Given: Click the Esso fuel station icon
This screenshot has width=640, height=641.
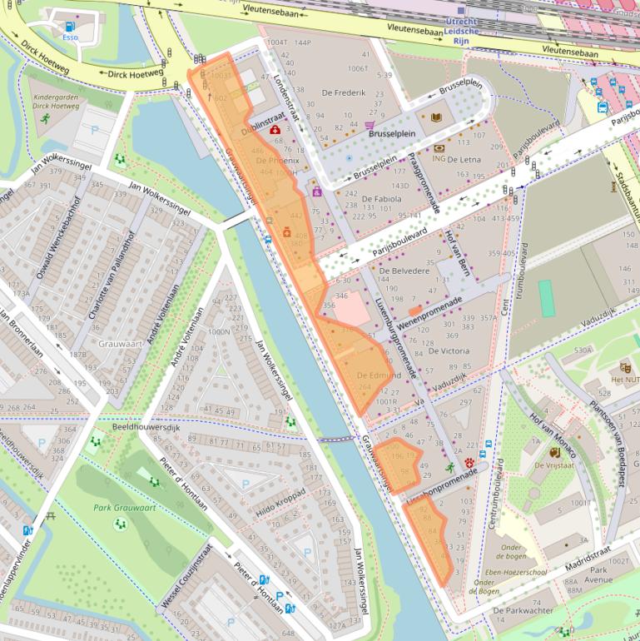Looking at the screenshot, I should pos(69,26).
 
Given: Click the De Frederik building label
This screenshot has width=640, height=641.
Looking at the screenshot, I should pos(344,92).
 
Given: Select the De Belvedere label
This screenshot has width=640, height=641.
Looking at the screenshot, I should pos(404,271).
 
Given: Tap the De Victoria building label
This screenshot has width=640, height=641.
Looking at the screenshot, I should pos(449,350).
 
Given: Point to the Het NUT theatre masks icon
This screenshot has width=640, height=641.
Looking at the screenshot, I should pos(625,367).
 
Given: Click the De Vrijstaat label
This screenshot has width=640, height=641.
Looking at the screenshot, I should pos(552,466).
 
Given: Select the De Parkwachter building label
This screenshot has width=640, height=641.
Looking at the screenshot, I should pos(523,610).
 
